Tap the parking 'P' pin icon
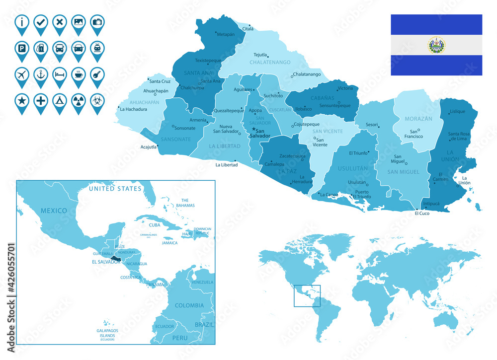coord(22,49)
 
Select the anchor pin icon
coord(41,75)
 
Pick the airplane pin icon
coord(22,75)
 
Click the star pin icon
coord(22,101)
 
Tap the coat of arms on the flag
coord(436,45)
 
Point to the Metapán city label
coord(225,34)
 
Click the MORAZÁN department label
coord(418,119)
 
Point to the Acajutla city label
coord(148,147)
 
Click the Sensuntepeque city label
coord(334,105)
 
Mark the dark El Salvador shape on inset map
coord(116,259)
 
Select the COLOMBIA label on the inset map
coord(189,305)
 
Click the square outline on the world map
coord(307,296)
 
